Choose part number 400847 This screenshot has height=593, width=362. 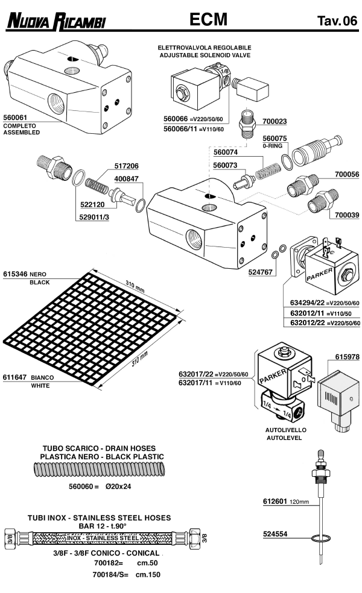126,179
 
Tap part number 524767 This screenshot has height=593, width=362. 261,272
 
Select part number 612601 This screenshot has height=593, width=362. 276,501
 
